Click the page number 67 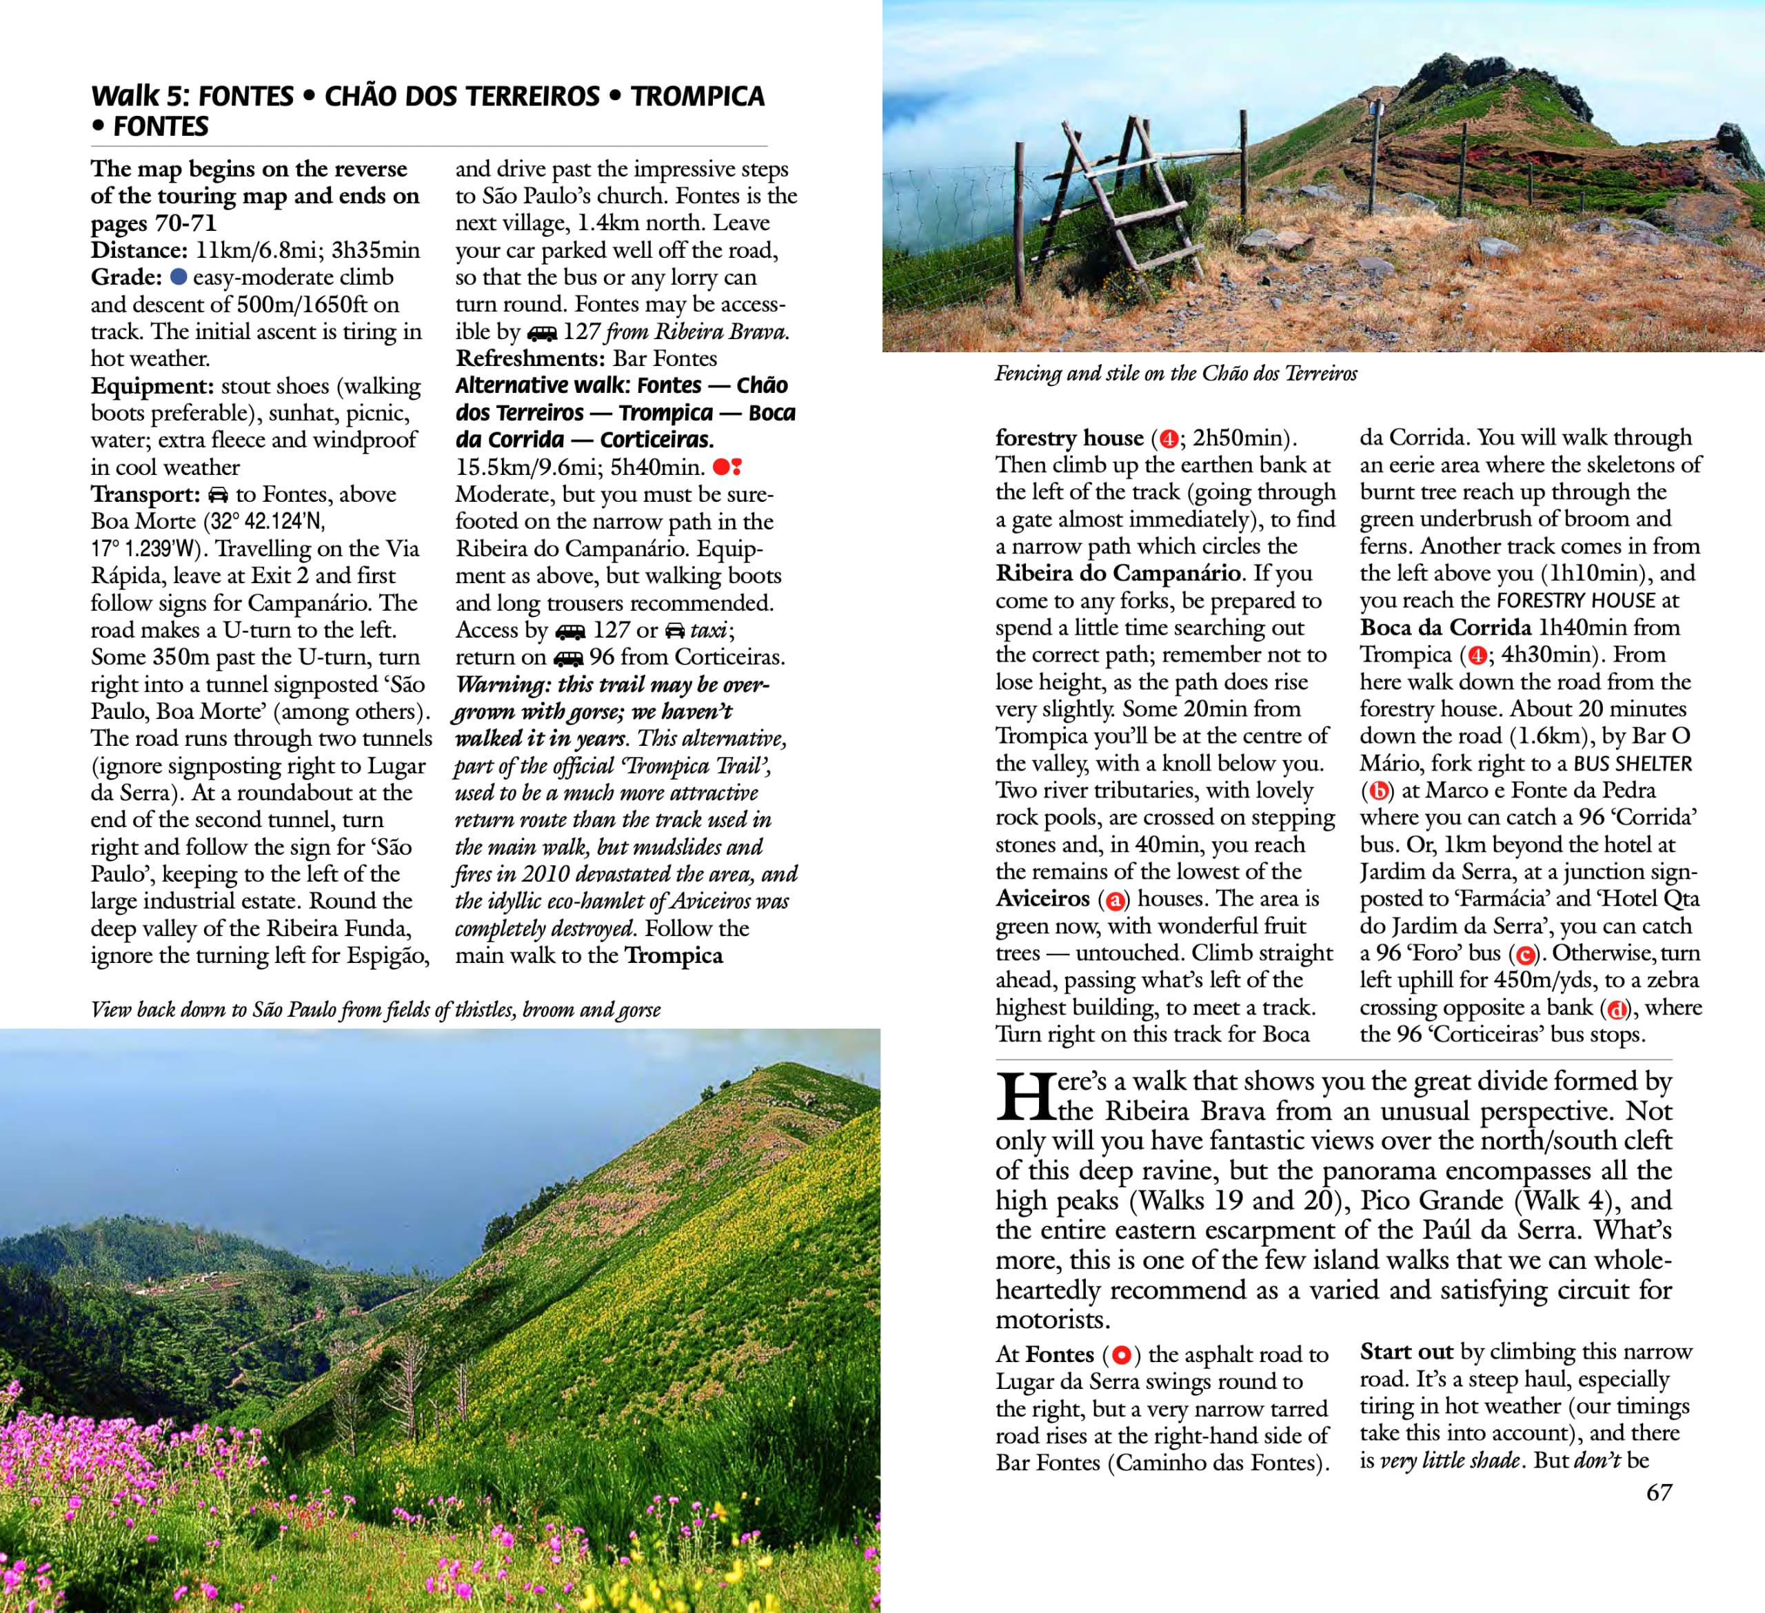pos(1659,1493)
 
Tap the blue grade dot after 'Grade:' pos(179,277)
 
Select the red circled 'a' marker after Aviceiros pos(1115,900)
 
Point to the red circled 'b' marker pos(1378,791)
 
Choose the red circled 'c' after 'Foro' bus pos(1525,954)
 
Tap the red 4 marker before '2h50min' pos(1167,438)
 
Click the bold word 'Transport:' pos(145,494)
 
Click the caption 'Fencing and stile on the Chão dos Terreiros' pos(1175,374)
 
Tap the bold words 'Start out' pos(1406,1352)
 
